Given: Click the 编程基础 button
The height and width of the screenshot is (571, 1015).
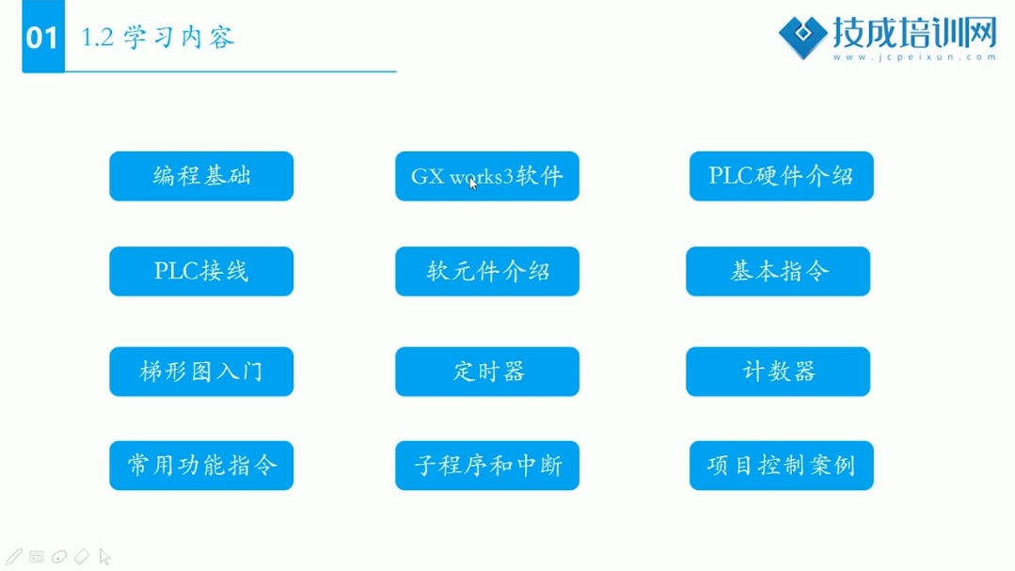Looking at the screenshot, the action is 201,176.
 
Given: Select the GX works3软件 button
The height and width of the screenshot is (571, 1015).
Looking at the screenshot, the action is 487,176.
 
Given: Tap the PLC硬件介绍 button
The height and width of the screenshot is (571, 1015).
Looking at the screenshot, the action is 782,176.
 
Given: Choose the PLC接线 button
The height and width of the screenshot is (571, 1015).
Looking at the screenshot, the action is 201,271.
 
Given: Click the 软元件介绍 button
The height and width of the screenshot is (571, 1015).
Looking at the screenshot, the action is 487,271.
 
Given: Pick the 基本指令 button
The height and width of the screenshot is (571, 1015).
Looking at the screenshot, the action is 778,271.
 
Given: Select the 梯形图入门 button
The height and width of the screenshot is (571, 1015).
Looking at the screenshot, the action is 201,372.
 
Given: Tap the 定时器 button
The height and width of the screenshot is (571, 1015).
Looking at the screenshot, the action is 487,372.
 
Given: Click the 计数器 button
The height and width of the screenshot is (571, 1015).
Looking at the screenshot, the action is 778,372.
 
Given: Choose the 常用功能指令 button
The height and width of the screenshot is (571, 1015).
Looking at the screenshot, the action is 201,466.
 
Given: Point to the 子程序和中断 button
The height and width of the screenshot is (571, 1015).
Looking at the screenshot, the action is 487,466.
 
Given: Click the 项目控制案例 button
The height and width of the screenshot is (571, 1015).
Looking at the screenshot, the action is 782,466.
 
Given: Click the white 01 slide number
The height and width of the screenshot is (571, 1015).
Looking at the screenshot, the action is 42,38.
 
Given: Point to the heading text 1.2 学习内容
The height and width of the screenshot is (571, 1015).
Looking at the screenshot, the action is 157,38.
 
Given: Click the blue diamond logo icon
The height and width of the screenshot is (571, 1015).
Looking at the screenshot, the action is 802,37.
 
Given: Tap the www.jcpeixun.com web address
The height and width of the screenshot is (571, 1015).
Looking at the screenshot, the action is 914,57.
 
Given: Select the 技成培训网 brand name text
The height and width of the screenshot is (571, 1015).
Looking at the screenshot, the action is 914,32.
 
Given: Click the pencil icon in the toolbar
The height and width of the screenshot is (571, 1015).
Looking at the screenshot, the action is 14,557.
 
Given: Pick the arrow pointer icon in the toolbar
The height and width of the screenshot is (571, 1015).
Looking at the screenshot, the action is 104,557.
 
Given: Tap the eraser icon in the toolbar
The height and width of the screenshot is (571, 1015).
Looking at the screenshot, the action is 82,557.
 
